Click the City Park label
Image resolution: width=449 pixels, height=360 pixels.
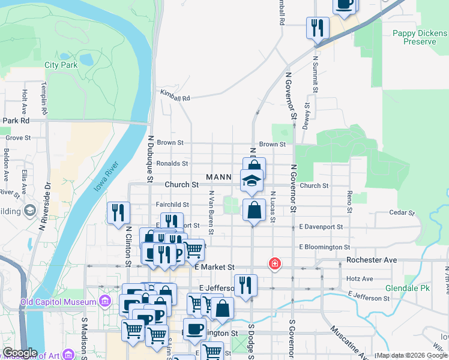click(61, 65)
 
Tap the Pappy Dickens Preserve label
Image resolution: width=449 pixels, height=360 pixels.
click(415, 38)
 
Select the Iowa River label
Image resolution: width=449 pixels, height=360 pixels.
click(106, 176)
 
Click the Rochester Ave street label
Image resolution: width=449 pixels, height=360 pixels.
click(372, 260)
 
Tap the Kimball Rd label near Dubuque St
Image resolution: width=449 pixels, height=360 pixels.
click(175, 95)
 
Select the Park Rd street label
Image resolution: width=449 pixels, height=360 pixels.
click(16, 121)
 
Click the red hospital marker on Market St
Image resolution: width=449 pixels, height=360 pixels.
click(274, 263)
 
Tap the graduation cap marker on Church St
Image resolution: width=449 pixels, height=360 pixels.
click(252, 179)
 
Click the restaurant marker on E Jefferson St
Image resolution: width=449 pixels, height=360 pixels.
click(245, 284)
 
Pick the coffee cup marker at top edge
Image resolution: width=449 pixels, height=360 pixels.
click(345, 4)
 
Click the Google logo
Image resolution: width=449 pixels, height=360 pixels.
click(20, 353)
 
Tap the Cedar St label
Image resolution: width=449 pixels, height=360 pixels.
click(402, 213)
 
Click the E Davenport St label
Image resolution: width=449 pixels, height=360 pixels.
click(321, 227)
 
